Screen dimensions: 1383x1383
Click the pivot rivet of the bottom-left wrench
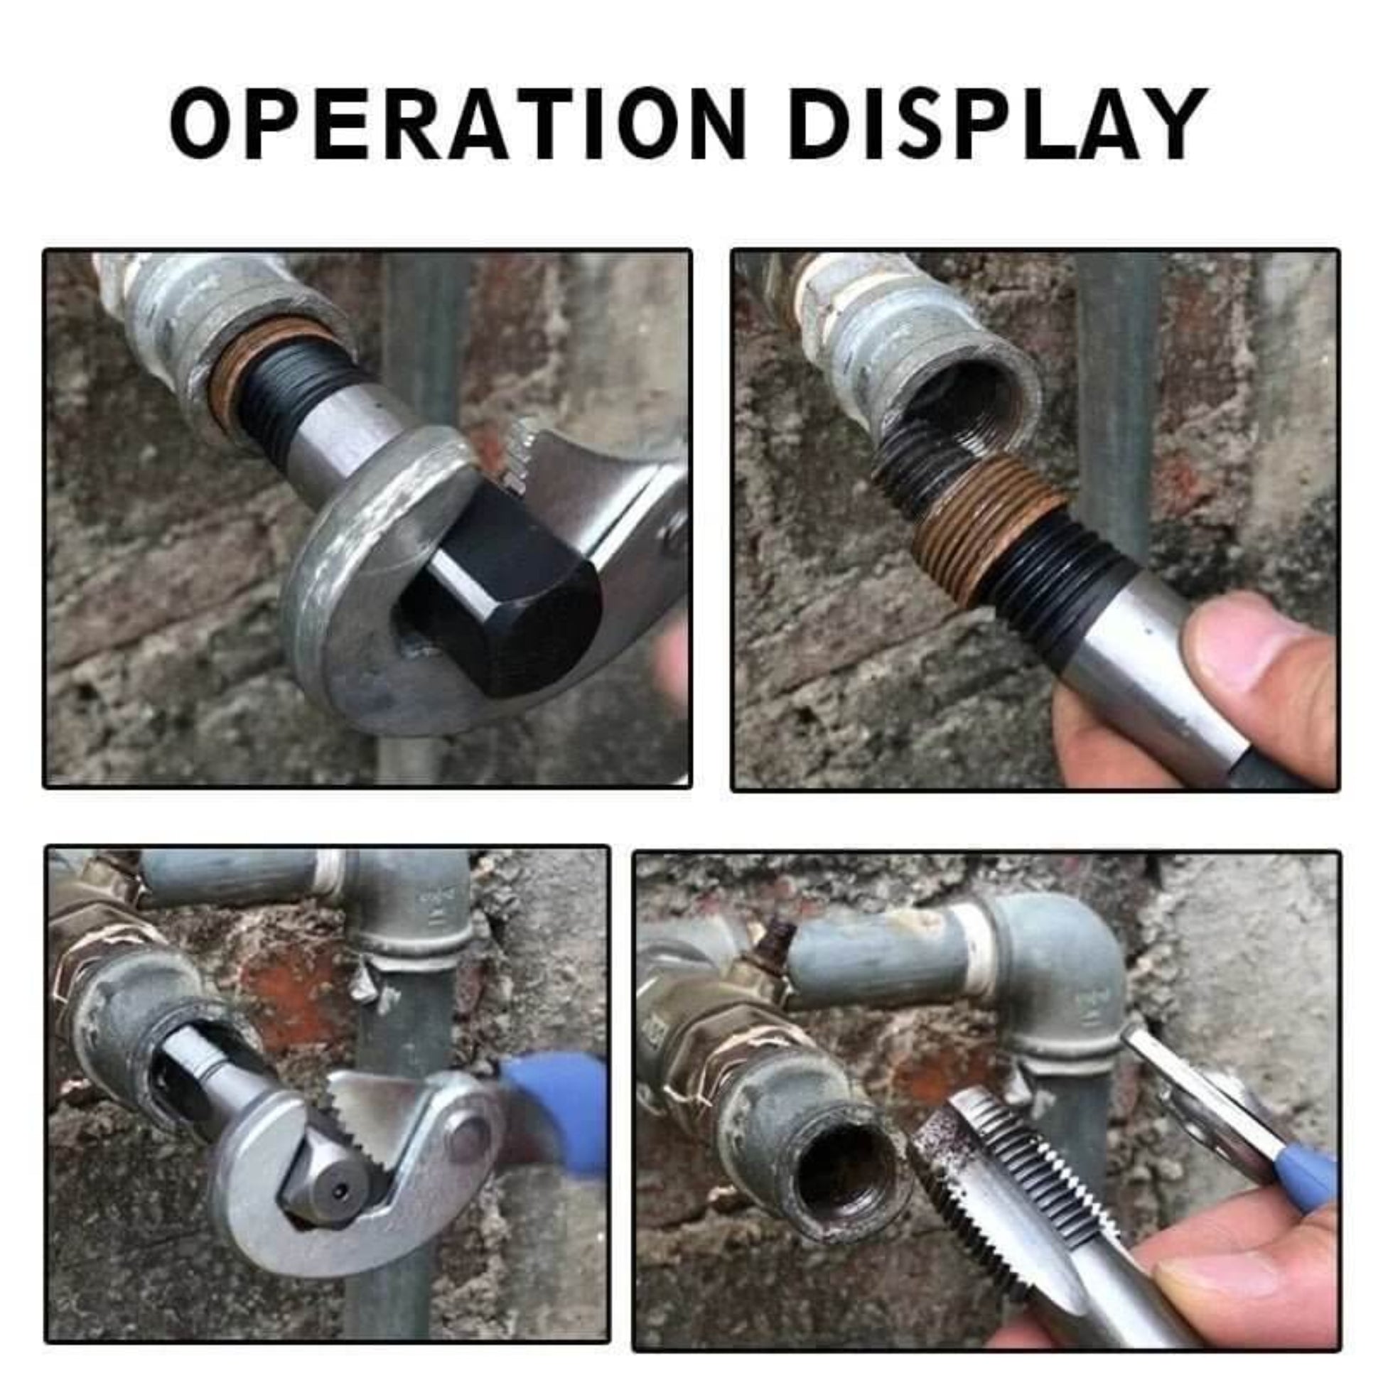tap(469, 1139)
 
